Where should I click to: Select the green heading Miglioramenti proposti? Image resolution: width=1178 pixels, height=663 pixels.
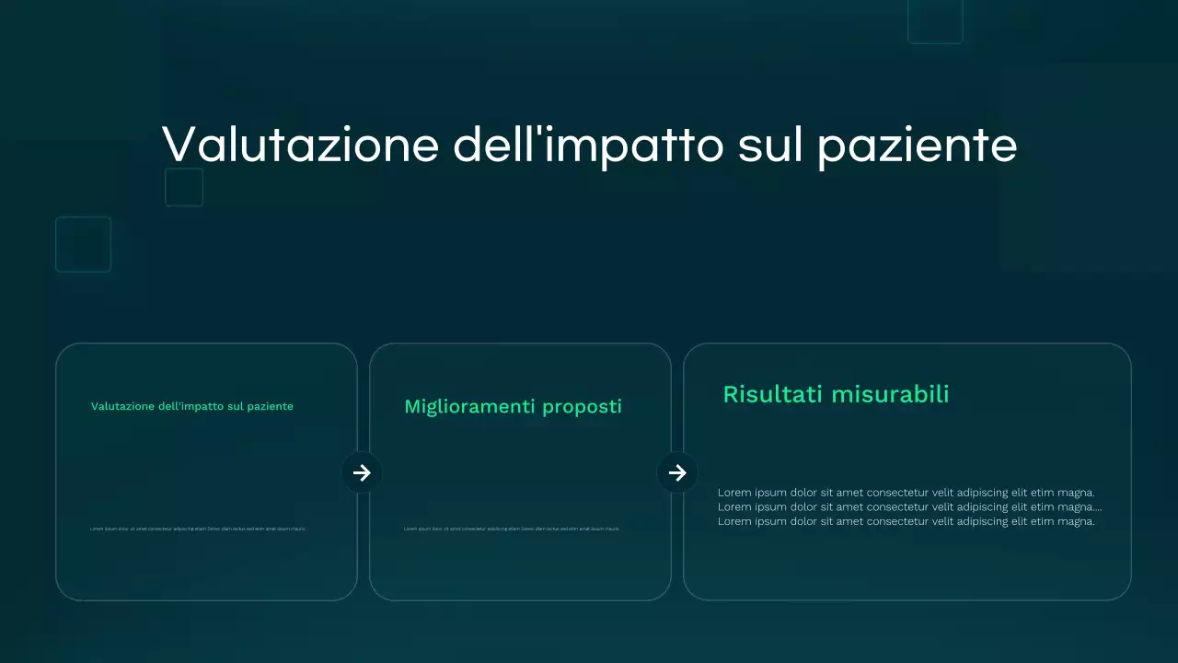coord(513,406)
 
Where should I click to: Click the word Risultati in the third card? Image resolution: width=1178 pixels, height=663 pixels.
coord(771,394)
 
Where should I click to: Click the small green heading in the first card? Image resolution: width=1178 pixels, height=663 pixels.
coord(191,406)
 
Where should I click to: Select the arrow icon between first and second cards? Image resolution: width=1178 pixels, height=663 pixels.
coord(362,472)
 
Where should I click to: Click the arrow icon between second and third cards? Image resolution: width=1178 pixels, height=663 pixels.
coord(677,472)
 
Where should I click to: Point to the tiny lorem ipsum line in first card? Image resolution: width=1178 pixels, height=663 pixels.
coord(197,529)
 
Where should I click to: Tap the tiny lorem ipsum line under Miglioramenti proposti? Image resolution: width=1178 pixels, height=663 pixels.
coord(511,529)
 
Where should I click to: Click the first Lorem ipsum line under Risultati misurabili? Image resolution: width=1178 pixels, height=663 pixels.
coord(906,493)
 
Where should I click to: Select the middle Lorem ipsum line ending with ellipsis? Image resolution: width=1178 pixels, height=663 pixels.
coord(909,506)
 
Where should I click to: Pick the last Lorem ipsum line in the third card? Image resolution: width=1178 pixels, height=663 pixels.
coord(906,521)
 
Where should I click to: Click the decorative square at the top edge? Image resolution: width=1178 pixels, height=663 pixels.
coord(935,20)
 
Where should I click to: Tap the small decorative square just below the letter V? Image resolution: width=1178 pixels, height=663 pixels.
coord(184,187)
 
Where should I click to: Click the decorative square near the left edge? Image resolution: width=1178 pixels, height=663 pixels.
coord(83,244)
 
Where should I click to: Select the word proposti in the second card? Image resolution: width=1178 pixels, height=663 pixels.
coord(582,406)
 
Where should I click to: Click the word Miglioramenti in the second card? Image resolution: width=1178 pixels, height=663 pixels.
coord(469,406)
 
